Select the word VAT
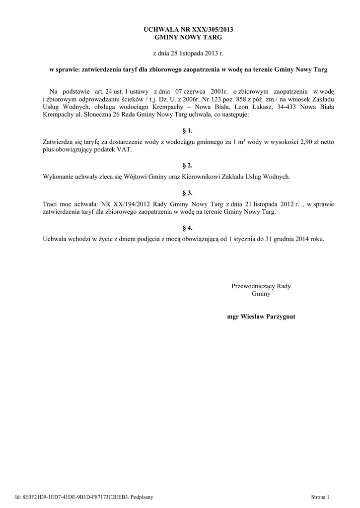pyautogui.click(x=125, y=150)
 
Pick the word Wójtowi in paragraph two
pyautogui.click(x=140, y=177)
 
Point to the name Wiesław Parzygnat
pyautogui.click(x=268, y=316)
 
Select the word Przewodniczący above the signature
pyautogui.click(x=253, y=286)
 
